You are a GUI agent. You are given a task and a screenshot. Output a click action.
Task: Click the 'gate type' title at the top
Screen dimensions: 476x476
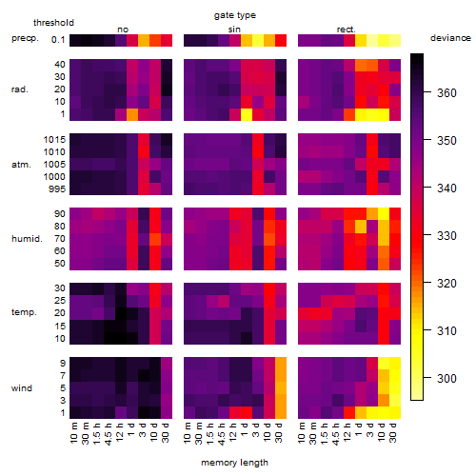tap(235, 15)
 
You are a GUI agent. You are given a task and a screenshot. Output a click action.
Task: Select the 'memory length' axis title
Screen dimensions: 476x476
tap(234, 463)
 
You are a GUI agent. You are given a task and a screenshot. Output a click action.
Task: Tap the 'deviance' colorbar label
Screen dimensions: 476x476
tap(450, 38)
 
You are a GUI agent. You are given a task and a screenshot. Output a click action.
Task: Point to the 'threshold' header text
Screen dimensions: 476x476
tap(53, 23)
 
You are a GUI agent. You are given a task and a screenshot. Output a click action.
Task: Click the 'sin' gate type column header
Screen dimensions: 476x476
tap(234, 30)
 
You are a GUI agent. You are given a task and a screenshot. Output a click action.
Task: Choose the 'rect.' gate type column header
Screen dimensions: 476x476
tap(346, 30)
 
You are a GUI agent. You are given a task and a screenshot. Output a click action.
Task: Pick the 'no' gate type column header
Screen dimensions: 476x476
tap(123, 30)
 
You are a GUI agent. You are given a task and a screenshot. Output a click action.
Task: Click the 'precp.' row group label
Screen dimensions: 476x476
tap(25, 38)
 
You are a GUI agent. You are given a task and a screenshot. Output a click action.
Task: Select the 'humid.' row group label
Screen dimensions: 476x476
tap(27, 239)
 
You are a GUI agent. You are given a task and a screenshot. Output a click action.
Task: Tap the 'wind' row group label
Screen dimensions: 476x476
tap(22, 388)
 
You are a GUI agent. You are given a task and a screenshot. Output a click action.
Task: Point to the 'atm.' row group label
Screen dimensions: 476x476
tap(21, 165)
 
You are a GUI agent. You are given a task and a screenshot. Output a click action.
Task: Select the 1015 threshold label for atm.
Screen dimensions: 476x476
tap(54, 140)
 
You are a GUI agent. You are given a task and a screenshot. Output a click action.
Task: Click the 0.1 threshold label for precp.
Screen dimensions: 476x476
tap(58, 40)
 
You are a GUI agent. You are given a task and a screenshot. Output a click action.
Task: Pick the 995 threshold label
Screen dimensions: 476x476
tap(57, 189)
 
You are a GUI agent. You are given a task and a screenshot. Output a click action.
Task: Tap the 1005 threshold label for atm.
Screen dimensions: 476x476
tap(54, 165)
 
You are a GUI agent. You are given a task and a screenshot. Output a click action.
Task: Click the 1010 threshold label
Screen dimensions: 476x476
tap(54, 152)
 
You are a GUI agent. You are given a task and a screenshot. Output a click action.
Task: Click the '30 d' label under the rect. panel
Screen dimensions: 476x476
tap(392, 432)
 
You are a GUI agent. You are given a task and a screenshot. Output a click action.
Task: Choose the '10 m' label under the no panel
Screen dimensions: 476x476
tap(73, 433)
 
